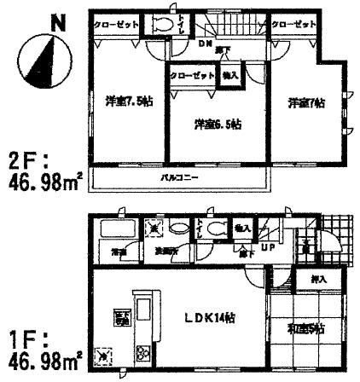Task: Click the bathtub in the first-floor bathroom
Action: point(111,230)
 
